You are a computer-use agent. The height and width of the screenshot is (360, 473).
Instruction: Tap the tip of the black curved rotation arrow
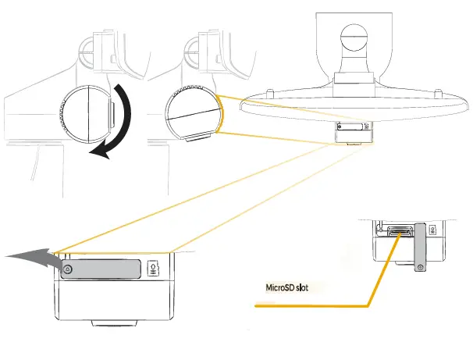point(92,153)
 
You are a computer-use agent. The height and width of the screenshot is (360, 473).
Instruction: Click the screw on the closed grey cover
point(68,269)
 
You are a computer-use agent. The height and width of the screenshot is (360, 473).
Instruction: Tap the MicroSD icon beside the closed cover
point(153,269)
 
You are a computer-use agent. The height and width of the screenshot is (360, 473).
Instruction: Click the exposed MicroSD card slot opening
point(397,231)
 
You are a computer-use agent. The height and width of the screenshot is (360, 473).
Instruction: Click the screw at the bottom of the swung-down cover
point(419,268)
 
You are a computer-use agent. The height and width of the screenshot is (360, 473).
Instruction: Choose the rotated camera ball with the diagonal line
point(194,113)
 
